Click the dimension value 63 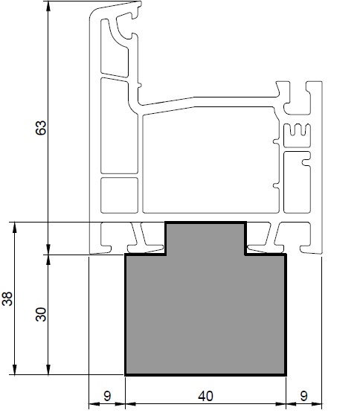tap(41, 128)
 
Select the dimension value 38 tap(7, 298)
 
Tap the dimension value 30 tap(41, 314)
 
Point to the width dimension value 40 tap(205, 396)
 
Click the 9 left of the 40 tap(107, 396)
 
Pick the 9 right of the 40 tap(303, 396)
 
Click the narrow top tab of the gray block tap(206, 237)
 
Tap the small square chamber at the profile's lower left tap(119, 195)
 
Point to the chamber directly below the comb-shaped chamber tap(297, 182)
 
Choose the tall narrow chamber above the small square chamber tap(119, 126)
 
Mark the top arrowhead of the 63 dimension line tap(48, 7)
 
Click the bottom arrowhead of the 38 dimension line tap(15, 370)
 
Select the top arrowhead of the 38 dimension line tap(15, 227)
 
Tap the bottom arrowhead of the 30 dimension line tap(48, 370)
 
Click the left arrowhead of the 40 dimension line tap(130, 404)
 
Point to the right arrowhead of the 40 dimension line tap(280, 404)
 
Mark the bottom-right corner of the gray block tap(286, 375)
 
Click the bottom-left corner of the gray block tap(125, 375)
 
